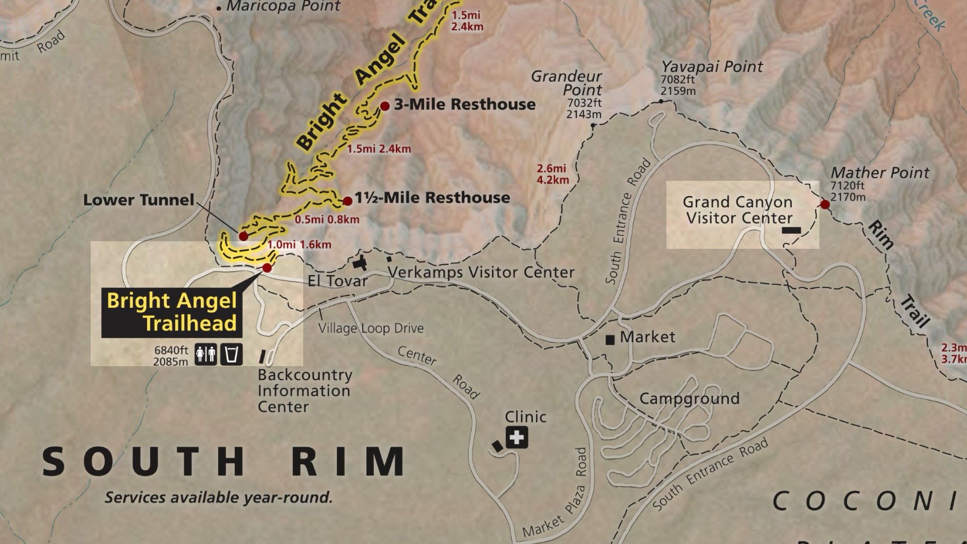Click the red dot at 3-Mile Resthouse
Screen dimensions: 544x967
tap(385, 106)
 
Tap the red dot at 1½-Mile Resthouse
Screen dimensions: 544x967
tap(348, 201)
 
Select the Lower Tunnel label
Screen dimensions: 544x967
tap(139, 200)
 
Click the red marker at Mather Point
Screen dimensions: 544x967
tap(825, 205)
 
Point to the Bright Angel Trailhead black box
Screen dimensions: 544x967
tap(172, 312)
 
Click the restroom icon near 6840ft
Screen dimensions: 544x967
tap(205, 355)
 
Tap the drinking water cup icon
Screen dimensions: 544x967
tap(232, 355)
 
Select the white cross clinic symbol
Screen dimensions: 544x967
tap(517, 437)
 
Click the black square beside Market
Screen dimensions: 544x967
tap(610, 340)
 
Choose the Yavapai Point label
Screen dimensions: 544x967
tap(712, 66)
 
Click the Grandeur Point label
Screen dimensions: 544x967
tap(567, 83)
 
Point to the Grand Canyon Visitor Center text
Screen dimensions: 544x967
tap(738, 210)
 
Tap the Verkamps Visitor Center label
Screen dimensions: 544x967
tap(481, 273)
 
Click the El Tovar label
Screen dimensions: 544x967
tap(337, 281)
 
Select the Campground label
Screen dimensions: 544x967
tap(689, 398)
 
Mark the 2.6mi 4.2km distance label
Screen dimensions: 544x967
tap(552, 174)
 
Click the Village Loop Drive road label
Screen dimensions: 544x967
tap(371, 328)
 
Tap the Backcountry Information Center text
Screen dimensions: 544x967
tap(304, 390)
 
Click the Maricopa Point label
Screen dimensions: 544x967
tap(283, 7)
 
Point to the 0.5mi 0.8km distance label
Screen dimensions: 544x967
tap(327, 219)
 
